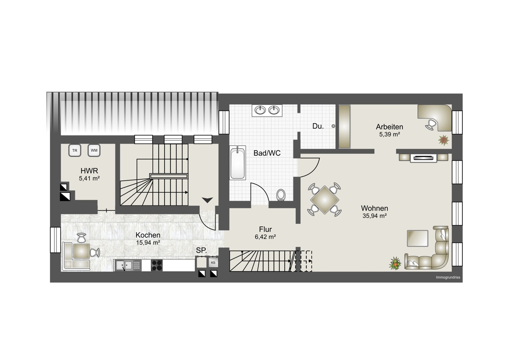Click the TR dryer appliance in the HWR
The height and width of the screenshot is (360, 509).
pos(75,150)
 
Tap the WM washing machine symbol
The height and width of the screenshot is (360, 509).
pos(94,150)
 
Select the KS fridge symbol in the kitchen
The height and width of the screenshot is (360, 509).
pos(213,263)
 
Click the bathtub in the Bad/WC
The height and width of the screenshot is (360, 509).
pos(238,163)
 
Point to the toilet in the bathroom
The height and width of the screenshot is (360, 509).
pos(281,195)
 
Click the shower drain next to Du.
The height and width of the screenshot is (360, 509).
pos(333,126)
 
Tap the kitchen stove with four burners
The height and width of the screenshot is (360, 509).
pos(157,265)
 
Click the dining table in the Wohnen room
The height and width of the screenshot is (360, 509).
pos(325,200)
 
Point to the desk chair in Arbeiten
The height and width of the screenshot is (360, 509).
pos(431,125)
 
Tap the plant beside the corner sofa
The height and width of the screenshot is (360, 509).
pos(395,263)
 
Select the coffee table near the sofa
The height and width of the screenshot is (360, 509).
pos(418,238)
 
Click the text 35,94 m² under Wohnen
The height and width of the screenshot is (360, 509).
pos(375,216)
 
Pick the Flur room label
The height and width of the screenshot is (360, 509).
pos(266,229)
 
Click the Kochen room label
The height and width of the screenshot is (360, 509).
pos(148,235)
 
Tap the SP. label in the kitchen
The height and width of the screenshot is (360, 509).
pos(201,250)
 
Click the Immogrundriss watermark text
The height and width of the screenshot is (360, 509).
pos(448,277)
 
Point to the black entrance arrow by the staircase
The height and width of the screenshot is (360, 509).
pos(207,200)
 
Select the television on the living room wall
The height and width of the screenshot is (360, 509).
pos(424,157)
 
